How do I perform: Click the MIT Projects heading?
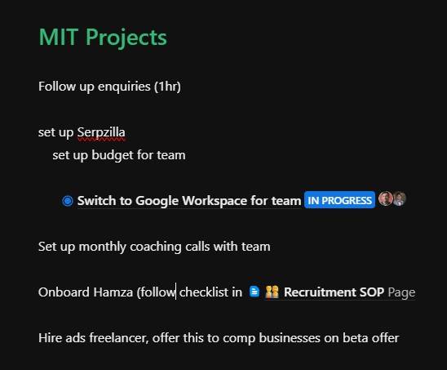click(x=102, y=38)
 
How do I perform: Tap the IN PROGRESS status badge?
click(x=339, y=200)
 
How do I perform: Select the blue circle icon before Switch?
click(x=68, y=201)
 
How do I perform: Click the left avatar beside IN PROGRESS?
click(x=386, y=199)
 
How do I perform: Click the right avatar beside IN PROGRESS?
click(x=399, y=199)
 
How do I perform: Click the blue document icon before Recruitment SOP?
click(x=254, y=292)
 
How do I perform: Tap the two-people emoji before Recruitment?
click(x=272, y=292)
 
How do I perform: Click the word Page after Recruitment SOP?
click(x=401, y=292)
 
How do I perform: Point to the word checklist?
click(x=210, y=292)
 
